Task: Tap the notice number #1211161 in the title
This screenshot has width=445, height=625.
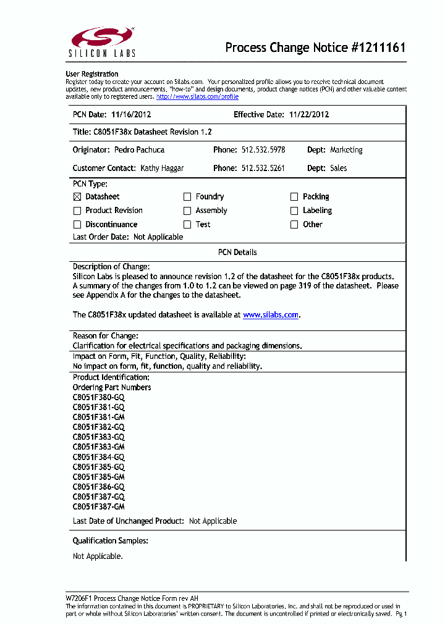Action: pos(378,48)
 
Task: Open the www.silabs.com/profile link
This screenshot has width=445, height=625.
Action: pos(197,97)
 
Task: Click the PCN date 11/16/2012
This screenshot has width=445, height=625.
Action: pos(131,115)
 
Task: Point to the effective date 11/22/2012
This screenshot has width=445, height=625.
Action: pos(308,115)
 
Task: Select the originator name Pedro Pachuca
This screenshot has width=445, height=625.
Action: pos(139,150)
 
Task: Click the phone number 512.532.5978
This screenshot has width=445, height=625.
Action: pos(263,150)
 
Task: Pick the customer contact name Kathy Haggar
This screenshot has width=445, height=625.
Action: pos(162,168)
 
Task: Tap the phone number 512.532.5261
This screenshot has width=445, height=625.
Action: pos(263,168)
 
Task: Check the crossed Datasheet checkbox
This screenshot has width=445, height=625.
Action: pos(77,197)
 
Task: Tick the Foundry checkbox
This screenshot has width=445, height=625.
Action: pos(187,197)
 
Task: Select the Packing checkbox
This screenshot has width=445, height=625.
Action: pos(294,197)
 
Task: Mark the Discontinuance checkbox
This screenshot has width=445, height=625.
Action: pos(77,225)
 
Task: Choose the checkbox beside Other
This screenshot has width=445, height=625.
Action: pos(294,225)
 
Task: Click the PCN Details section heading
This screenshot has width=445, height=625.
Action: pos(237,253)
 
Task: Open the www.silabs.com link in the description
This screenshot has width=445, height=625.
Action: pos(271,315)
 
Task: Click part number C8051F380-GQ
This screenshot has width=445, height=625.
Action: pos(99,398)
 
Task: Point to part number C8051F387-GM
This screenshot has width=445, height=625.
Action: pos(99,507)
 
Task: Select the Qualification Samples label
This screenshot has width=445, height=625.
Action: pos(110,541)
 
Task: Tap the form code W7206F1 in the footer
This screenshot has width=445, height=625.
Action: pos(79,598)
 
